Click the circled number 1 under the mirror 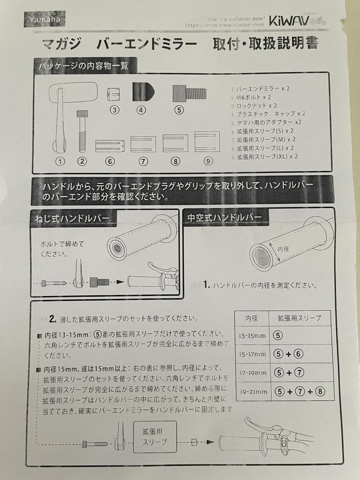pos(60,161)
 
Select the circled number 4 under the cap pos(141,110)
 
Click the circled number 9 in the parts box pos(208,161)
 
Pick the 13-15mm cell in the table pos(252,336)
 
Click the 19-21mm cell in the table pos(252,392)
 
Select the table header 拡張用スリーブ pos(299,318)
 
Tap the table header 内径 pos(252,318)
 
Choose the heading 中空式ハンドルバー pos(225,217)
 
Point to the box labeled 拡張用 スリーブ pos(155,436)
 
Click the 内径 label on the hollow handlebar pos(283,249)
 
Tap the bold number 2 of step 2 pos(52,318)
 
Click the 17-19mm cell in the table pos(252,373)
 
